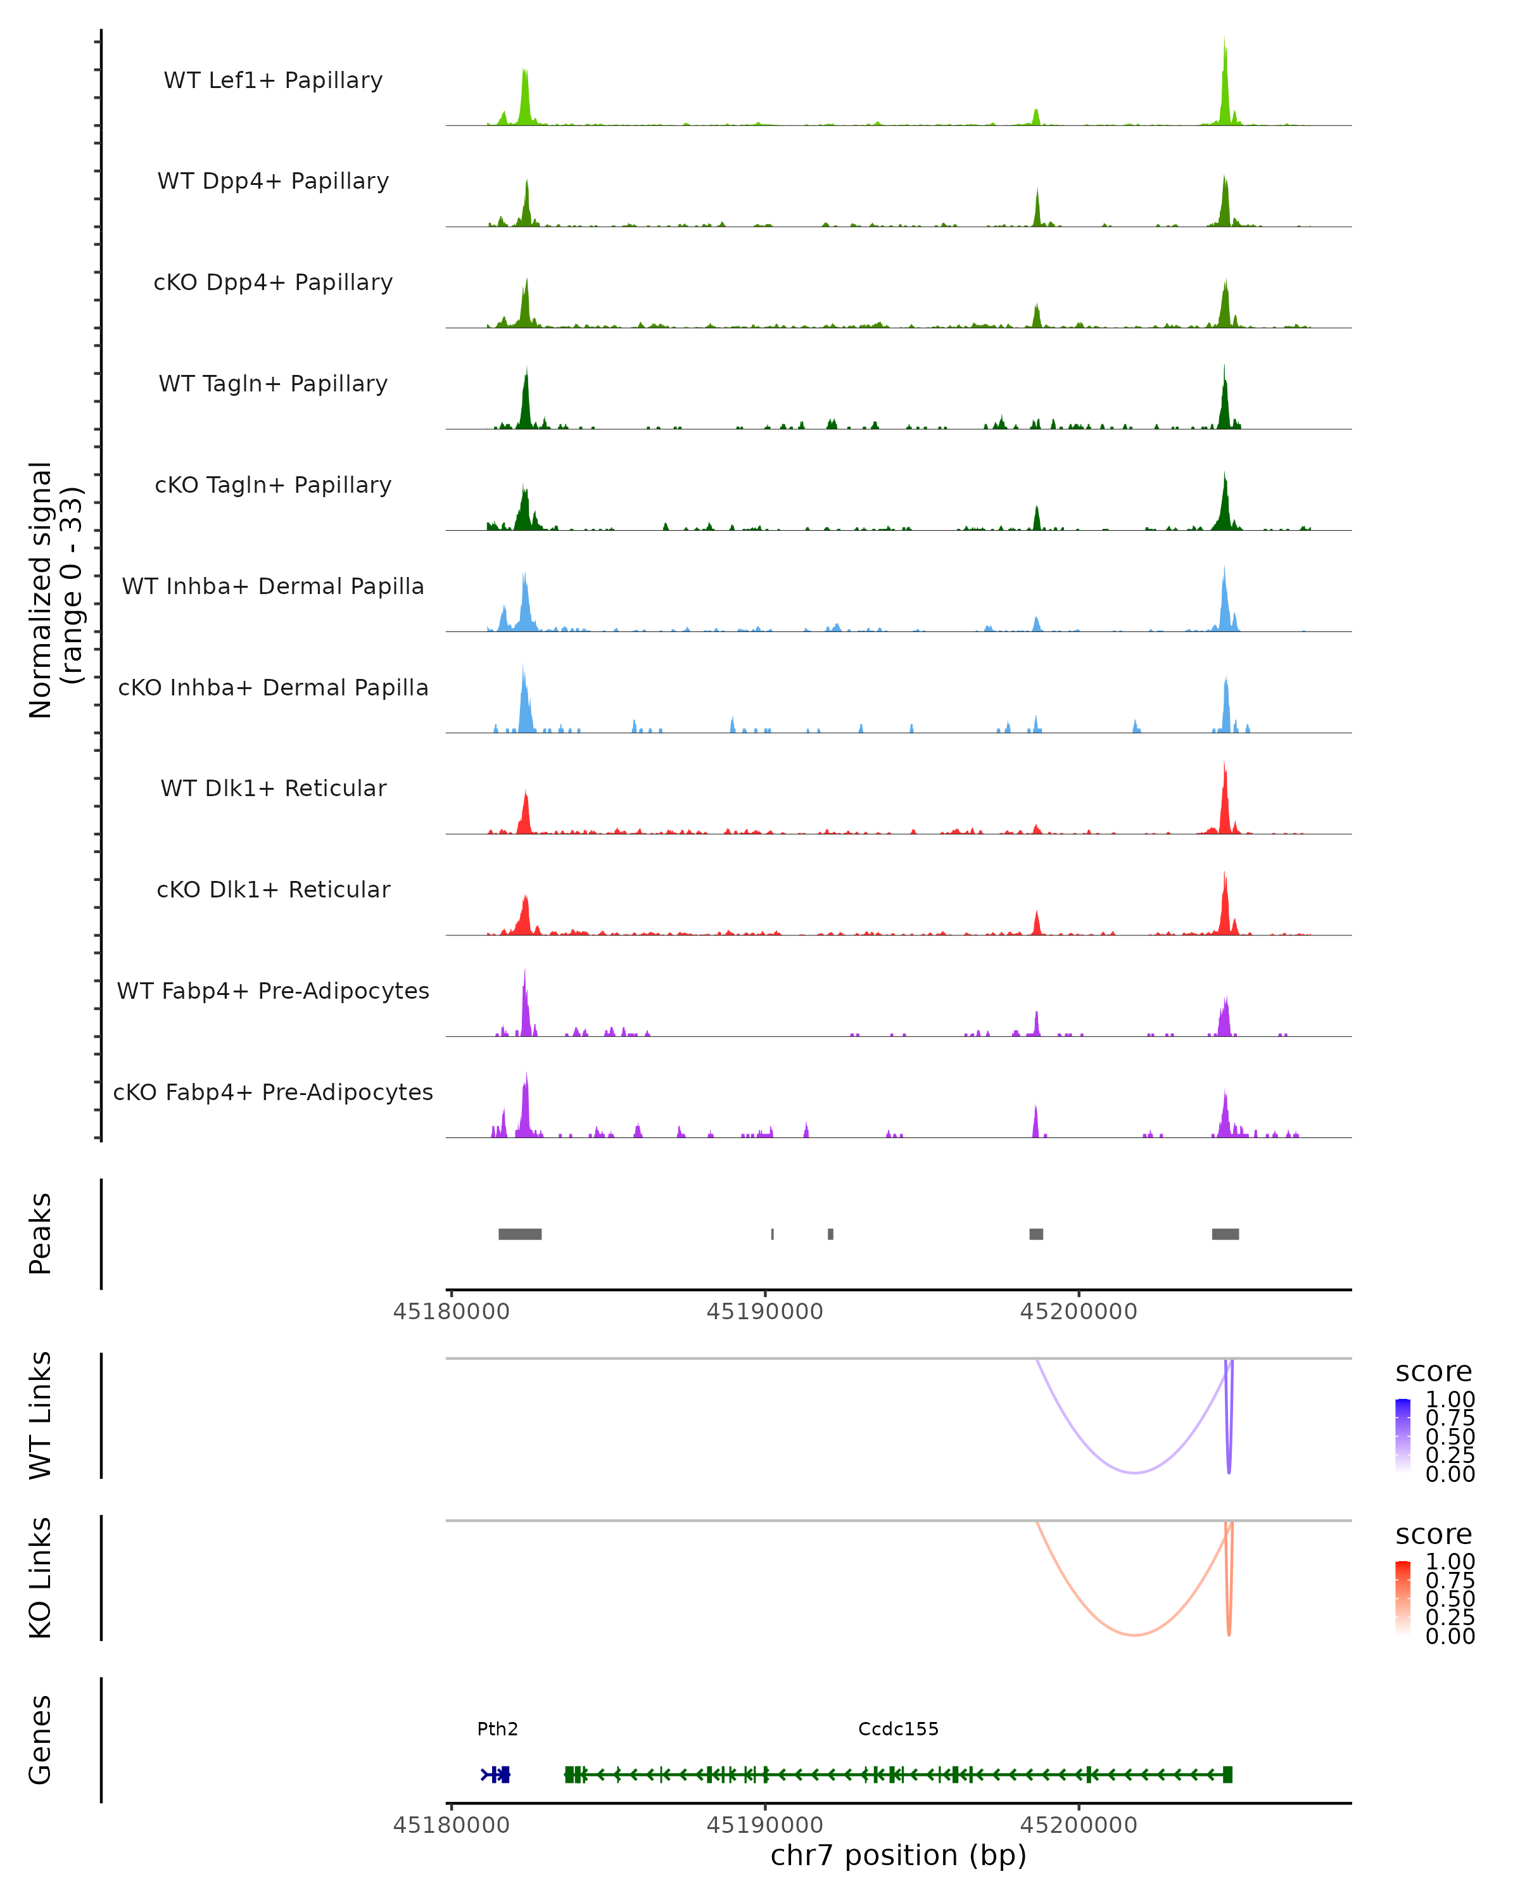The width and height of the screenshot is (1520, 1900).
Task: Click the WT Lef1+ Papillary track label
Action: (273, 80)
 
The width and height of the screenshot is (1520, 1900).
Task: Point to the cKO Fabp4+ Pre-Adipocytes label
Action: (273, 1092)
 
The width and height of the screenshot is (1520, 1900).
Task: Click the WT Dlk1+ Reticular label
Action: (273, 788)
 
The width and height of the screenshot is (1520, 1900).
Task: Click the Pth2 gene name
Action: (497, 1728)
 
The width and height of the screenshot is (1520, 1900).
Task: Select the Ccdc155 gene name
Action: (898, 1728)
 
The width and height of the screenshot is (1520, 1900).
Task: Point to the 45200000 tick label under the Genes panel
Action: (1079, 1825)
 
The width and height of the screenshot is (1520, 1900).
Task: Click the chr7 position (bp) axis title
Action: (898, 1855)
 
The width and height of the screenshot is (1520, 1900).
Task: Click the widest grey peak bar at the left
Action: (520, 1234)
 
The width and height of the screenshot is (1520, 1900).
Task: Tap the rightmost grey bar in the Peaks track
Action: (1225, 1234)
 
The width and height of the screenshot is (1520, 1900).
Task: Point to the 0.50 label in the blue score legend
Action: (1450, 1436)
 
